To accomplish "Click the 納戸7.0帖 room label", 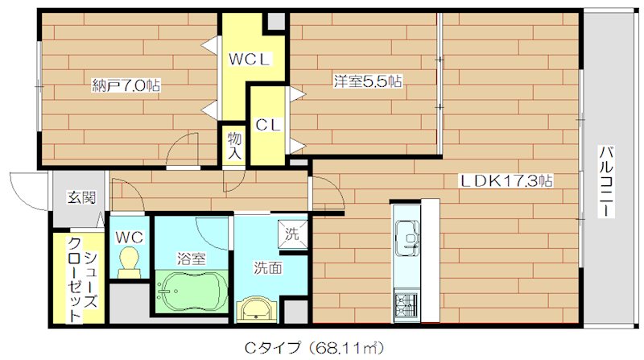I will [126, 84].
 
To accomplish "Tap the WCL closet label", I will [251, 60].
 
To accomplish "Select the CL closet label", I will [267, 125].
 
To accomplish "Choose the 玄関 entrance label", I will [80, 197].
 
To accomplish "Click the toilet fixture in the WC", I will [128, 261].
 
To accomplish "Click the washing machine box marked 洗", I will [292, 235].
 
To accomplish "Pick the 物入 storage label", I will [235, 146].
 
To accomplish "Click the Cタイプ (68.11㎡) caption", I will [310, 348].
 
